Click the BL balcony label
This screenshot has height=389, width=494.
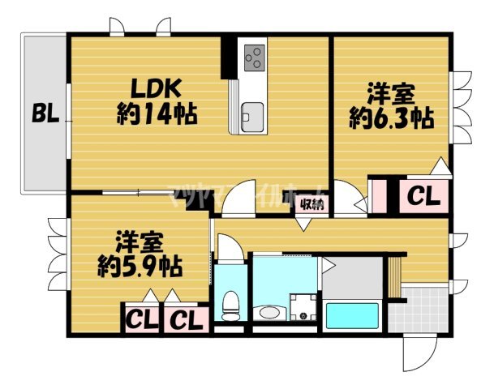(x=44, y=114)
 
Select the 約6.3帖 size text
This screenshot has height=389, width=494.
(x=390, y=118)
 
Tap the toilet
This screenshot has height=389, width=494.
(x=230, y=304)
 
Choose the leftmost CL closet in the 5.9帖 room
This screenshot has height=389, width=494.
(x=140, y=318)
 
